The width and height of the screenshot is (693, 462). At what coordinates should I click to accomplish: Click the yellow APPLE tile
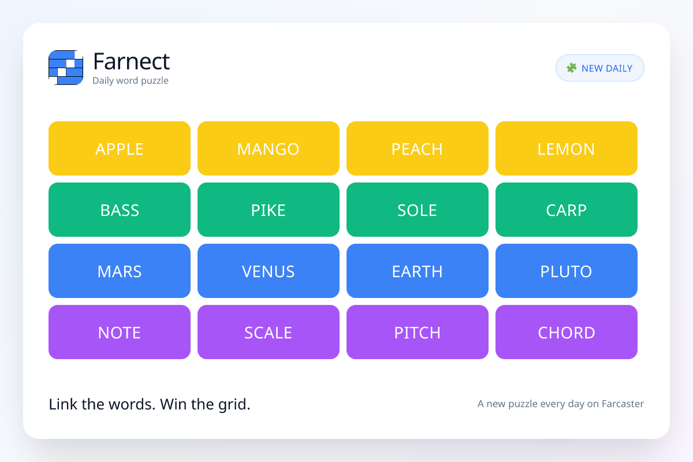click(x=120, y=148)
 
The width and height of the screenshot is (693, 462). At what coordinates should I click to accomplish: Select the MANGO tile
click(x=268, y=148)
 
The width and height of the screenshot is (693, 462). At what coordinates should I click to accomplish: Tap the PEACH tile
click(x=418, y=148)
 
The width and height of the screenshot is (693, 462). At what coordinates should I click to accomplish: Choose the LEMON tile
click(x=566, y=148)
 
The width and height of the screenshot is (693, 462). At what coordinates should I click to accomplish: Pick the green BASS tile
click(x=120, y=210)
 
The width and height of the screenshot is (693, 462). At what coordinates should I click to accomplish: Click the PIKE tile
click(x=268, y=210)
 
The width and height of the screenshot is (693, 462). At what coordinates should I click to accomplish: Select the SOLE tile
click(x=418, y=210)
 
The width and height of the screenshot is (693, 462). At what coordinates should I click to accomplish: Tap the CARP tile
click(x=566, y=210)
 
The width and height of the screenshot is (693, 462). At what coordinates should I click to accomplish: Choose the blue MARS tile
click(x=120, y=271)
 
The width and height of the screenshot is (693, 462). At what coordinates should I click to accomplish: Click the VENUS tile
click(x=268, y=271)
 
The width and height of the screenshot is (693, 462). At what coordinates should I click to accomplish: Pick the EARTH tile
click(x=418, y=271)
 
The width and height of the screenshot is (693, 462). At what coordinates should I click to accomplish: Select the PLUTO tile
click(x=566, y=271)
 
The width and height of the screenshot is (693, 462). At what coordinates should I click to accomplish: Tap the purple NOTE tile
click(x=120, y=332)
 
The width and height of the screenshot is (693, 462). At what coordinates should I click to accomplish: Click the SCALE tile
click(x=268, y=332)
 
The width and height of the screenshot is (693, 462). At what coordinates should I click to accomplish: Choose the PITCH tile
click(x=418, y=332)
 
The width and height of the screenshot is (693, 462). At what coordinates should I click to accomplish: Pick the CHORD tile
click(x=566, y=332)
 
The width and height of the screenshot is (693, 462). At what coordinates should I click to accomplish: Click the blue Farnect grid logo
click(x=66, y=68)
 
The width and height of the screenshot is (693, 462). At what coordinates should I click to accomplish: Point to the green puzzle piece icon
click(x=571, y=68)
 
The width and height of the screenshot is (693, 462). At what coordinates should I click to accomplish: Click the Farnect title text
click(x=131, y=61)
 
